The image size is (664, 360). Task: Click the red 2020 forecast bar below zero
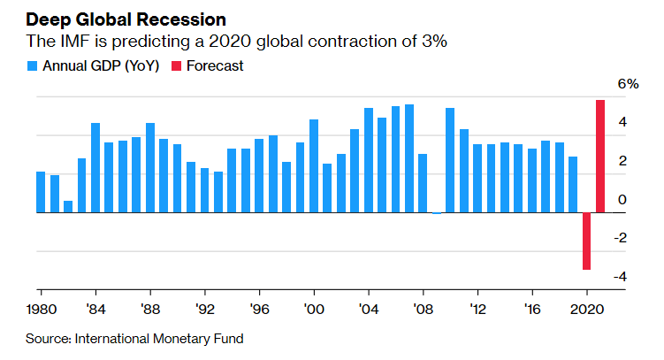pyautogui.click(x=586, y=241)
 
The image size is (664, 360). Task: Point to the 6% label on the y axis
pyautogui.click(x=628, y=84)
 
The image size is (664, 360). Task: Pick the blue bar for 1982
pyautogui.click(x=68, y=206)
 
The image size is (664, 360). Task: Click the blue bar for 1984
pyautogui.click(x=95, y=168)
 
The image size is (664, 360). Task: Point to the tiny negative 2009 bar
pyautogui.click(x=437, y=213)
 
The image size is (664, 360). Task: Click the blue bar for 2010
pyautogui.click(x=450, y=160)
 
